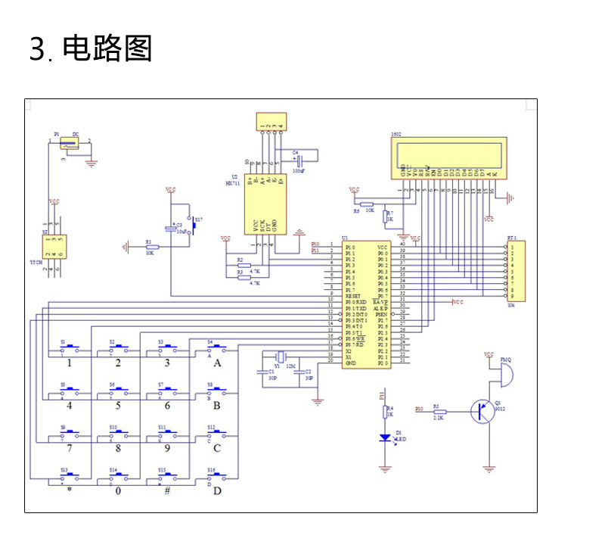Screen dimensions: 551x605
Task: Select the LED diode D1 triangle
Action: [385, 437]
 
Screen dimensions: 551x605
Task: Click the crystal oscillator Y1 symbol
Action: [281, 357]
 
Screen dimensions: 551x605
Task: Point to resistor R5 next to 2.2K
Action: [439, 412]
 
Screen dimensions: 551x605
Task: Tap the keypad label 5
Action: [118, 406]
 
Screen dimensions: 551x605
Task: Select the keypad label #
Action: [167, 490]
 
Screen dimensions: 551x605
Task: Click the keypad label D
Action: [218, 490]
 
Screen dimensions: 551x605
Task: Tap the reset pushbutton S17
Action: [192, 225]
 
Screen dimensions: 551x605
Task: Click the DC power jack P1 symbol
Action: [69, 143]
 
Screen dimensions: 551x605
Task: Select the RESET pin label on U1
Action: [352, 296]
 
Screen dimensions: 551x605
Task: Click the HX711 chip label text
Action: [232, 184]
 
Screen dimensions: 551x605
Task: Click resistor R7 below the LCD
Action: [385, 217]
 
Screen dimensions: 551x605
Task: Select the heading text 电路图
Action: [107, 48]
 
